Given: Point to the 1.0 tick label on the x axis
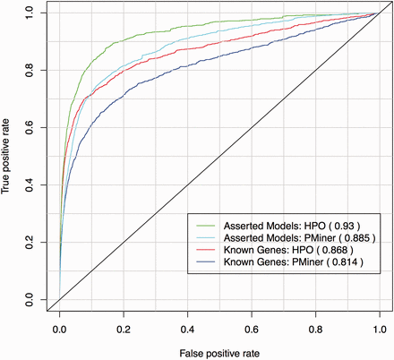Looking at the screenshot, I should (x=379, y=328).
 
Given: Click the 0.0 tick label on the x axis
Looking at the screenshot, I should (x=60, y=328).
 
